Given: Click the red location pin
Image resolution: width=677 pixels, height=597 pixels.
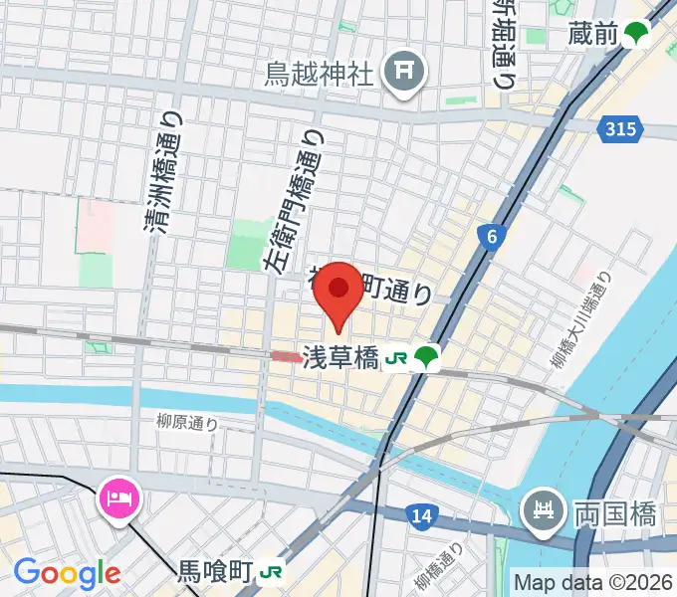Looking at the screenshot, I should pyautogui.click(x=338, y=291).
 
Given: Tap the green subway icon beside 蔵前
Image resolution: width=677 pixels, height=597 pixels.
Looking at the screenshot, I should pyautogui.click(x=636, y=36).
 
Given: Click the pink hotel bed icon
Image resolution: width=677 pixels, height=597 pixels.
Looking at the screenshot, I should pyautogui.click(x=120, y=495).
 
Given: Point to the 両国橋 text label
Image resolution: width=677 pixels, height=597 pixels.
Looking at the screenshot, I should pyautogui.click(x=614, y=514).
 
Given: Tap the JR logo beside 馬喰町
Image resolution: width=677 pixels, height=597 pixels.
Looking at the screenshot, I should pyautogui.click(x=270, y=572).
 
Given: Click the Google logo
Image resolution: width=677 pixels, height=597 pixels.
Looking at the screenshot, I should pyautogui.click(x=67, y=573).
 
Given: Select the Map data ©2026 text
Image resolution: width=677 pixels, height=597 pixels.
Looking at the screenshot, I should pyautogui.click(x=593, y=582).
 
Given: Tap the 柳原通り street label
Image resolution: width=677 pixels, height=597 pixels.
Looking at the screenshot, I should pyautogui.click(x=186, y=423).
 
